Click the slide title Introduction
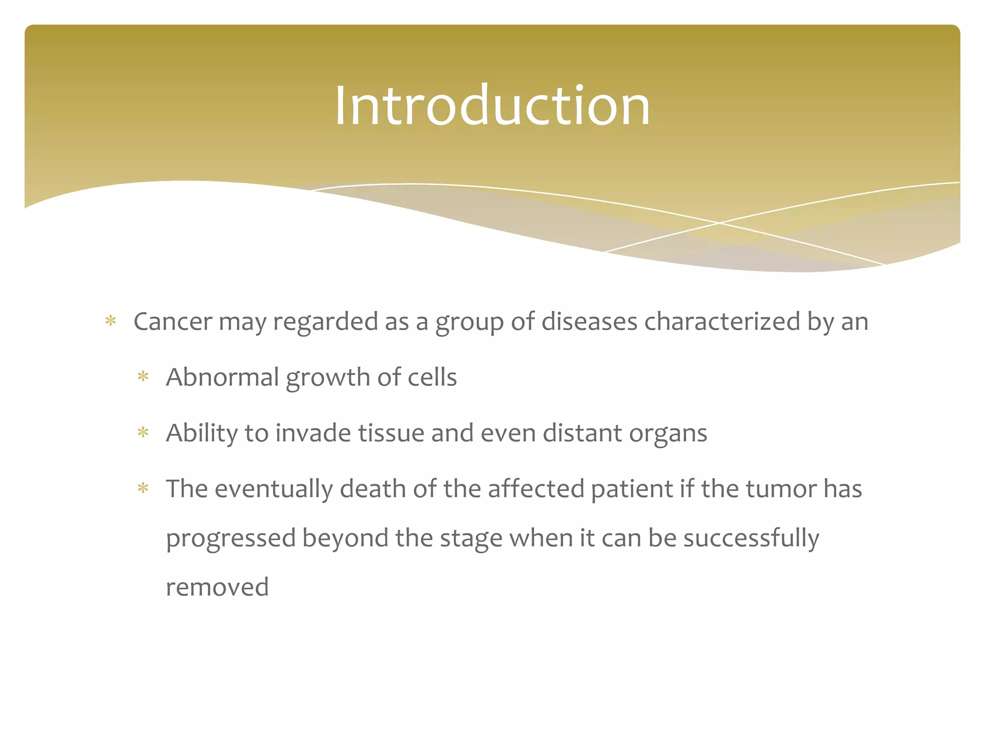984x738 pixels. [x=492, y=106]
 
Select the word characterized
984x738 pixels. [x=722, y=321]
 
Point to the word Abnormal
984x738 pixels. [x=222, y=377]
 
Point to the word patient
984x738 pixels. [x=631, y=489]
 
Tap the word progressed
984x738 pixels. [x=231, y=538]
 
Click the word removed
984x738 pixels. [x=217, y=587]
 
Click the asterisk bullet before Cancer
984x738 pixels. [x=111, y=321]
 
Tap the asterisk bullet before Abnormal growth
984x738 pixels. [x=143, y=377]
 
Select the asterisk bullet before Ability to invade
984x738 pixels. [x=143, y=433]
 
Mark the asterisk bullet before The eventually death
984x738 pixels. [x=143, y=489]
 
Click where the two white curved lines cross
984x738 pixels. [x=719, y=223]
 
